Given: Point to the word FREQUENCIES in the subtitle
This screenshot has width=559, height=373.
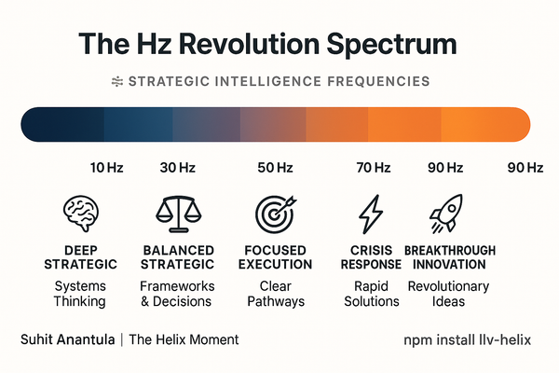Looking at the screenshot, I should pyautogui.click(x=374, y=81).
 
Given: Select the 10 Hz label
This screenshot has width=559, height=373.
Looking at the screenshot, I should pyautogui.click(x=106, y=168).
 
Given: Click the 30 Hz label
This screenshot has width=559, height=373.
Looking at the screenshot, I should pyautogui.click(x=176, y=168).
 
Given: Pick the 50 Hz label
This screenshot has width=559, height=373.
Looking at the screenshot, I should pyautogui.click(x=274, y=168).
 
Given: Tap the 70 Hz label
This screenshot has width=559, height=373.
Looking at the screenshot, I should pyautogui.click(x=373, y=168).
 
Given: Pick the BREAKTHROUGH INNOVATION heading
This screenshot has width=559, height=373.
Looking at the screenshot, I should pyautogui.click(x=449, y=258).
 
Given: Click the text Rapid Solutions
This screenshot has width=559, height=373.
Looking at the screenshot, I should pyautogui.click(x=372, y=294).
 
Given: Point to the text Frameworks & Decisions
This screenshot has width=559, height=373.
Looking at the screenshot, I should pyautogui.click(x=177, y=294).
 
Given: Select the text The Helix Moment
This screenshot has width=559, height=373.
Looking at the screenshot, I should pyautogui.click(x=184, y=340).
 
